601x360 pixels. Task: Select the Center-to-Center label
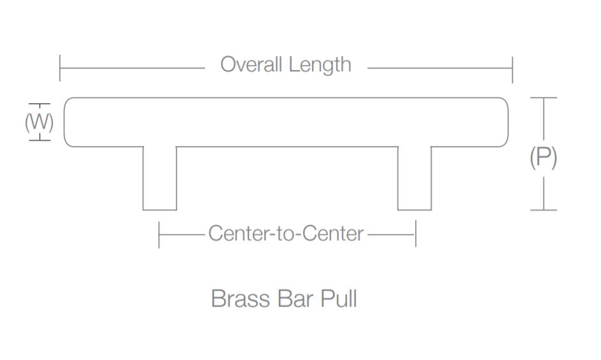point(286,234)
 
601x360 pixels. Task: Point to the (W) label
point(39,121)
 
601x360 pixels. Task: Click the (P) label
point(543,156)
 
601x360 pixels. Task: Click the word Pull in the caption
point(338,298)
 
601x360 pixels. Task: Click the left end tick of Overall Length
point(60,68)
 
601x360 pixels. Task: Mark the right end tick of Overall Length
point(512,68)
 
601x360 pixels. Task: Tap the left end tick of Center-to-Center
point(159,234)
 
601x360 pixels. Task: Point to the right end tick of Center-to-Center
point(416,234)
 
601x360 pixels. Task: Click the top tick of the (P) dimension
point(543,98)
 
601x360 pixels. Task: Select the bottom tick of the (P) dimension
point(543,210)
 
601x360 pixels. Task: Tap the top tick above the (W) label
point(39,104)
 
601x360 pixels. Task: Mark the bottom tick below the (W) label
point(39,138)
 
